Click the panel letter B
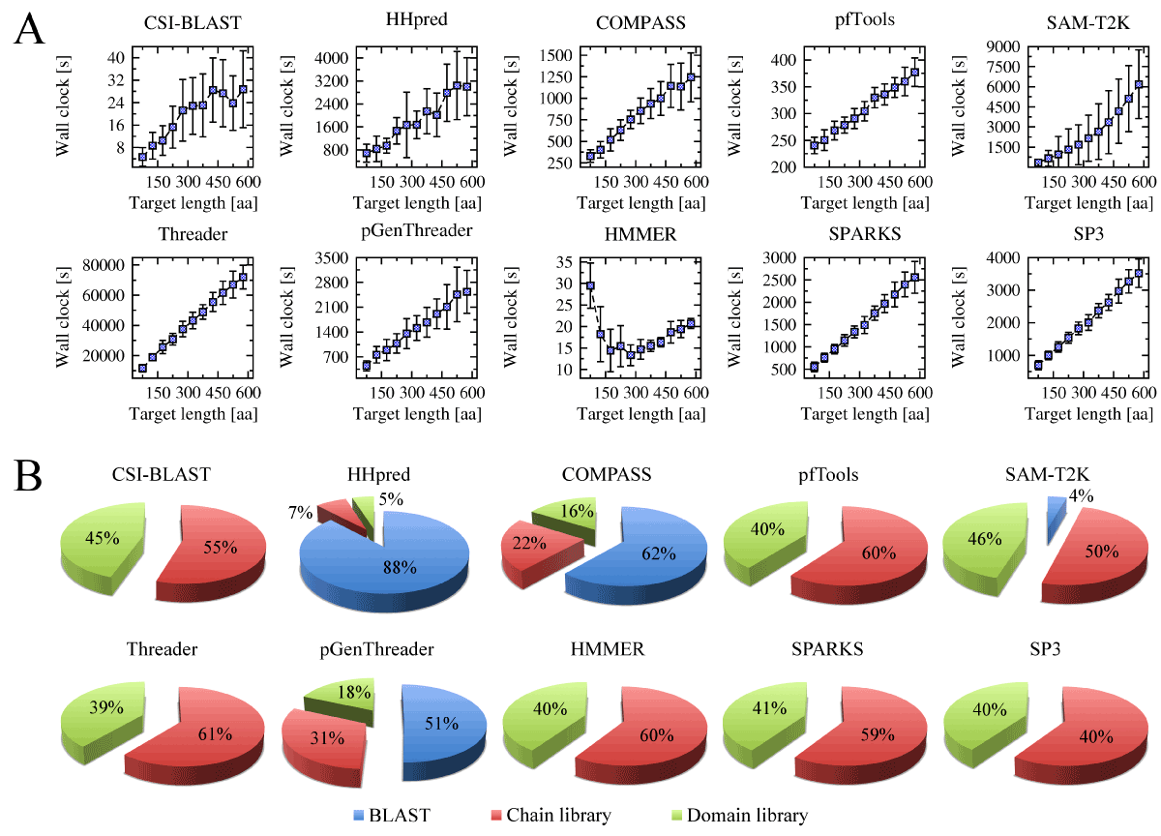click(x=28, y=477)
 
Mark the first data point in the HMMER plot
click(x=589, y=285)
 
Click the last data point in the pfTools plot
click(x=913, y=73)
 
